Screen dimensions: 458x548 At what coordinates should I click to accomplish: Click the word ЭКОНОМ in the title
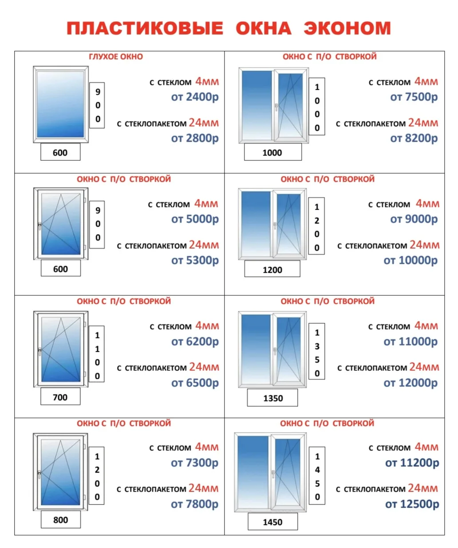[x=347, y=28]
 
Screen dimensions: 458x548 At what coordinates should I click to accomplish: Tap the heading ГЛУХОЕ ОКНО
[x=116, y=56]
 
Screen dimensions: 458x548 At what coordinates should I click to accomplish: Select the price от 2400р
[x=195, y=97]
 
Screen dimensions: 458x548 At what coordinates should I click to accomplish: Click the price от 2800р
[x=195, y=138]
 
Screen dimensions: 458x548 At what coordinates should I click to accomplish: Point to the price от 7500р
[x=414, y=97]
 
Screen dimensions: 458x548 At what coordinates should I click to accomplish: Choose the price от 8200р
[x=414, y=138]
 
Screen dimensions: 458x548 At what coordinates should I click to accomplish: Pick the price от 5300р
[x=195, y=260]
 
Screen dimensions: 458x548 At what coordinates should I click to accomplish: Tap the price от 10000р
[x=411, y=260]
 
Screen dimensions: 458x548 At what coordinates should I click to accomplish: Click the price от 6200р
[x=195, y=342]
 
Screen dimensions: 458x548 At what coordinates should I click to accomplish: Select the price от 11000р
[x=411, y=342]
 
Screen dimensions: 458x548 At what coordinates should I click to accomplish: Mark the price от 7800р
[x=195, y=504]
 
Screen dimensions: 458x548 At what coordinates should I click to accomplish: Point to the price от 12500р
[x=412, y=504]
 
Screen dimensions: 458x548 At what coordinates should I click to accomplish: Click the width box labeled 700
[x=60, y=397]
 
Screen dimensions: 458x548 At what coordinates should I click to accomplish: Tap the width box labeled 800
[x=61, y=520]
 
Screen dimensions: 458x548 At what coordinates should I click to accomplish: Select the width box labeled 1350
[x=272, y=398]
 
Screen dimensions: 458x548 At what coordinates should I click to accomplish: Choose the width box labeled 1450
[x=272, y=522]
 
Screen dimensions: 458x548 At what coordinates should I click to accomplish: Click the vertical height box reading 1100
[x=97, y=354]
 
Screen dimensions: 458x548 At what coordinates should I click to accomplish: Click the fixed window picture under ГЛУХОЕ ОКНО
[x=61, y=104]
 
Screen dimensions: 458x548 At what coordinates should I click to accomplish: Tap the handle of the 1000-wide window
[x=276, y=107]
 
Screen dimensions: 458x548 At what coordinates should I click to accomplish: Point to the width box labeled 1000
[x=273, y=152]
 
